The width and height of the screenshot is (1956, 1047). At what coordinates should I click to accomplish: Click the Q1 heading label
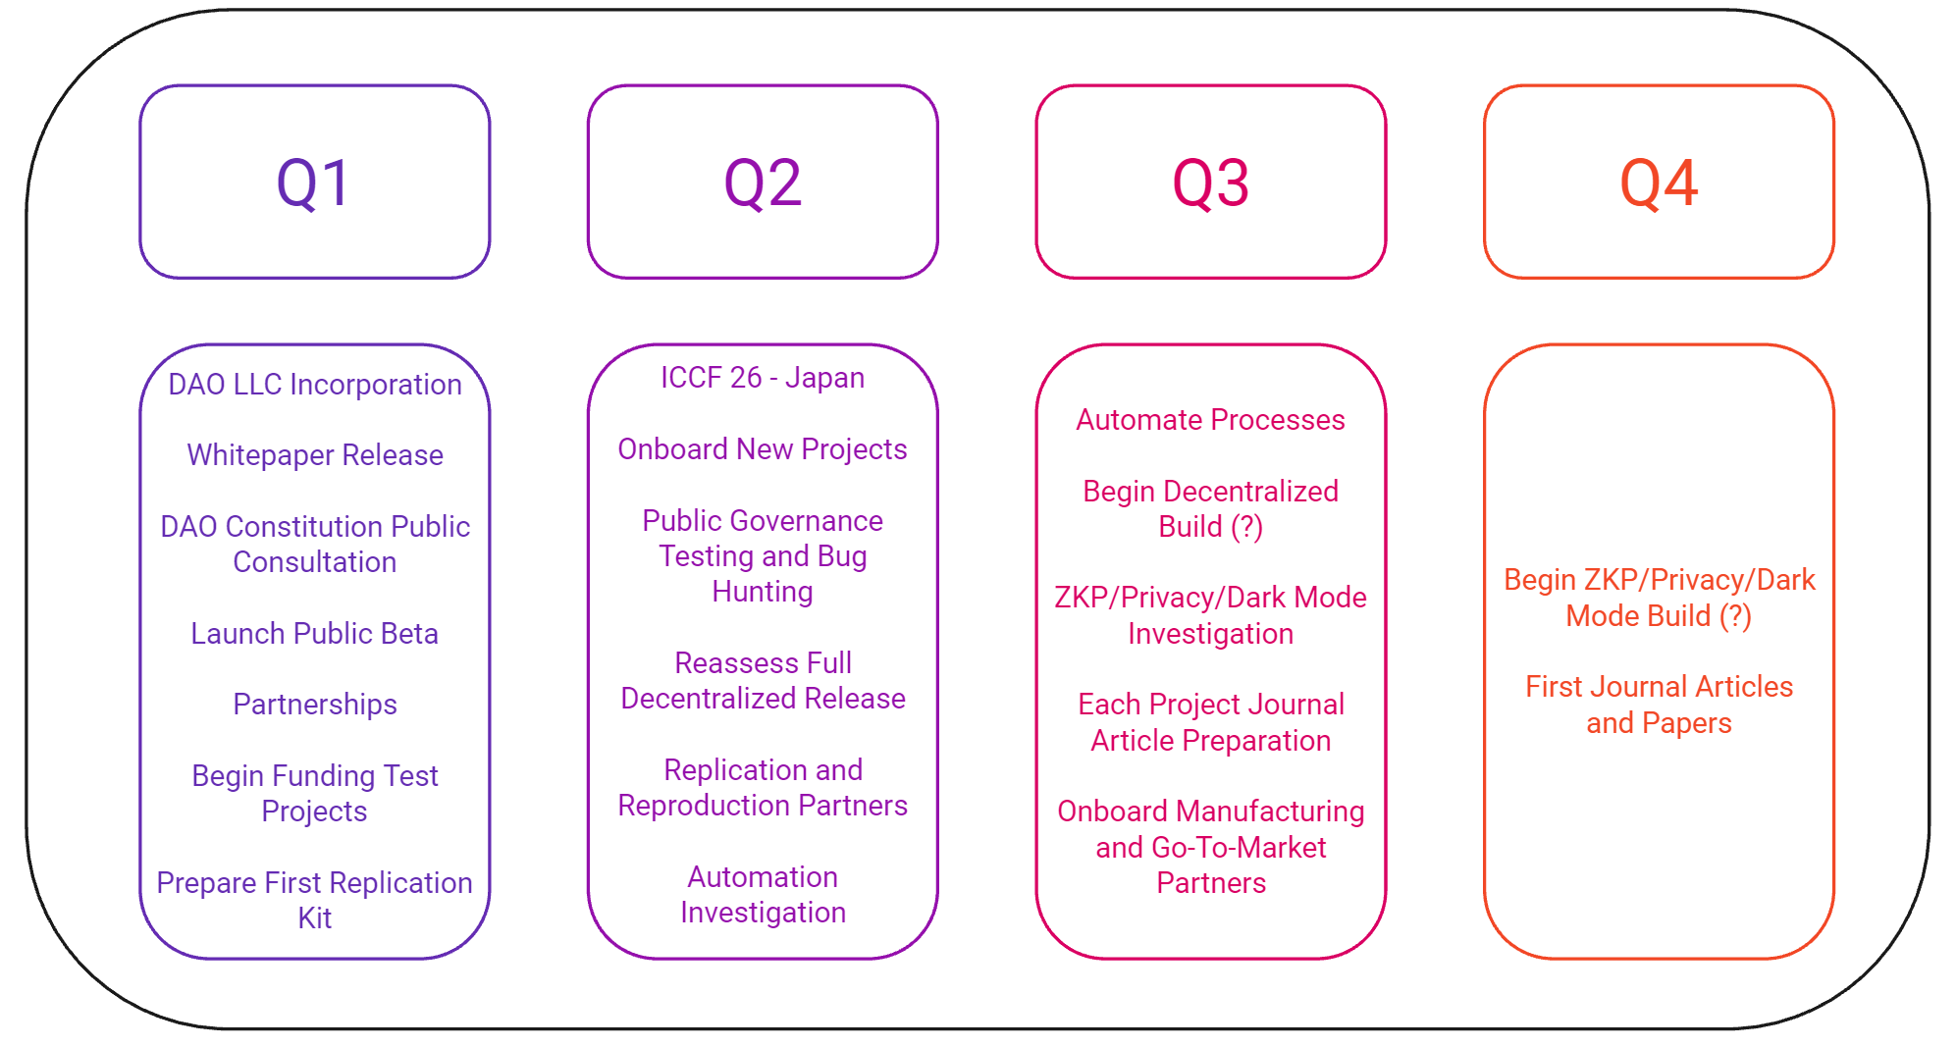314,183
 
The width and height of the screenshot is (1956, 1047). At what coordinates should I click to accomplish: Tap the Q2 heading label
763,183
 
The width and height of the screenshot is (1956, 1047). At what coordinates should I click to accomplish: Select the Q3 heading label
1210,183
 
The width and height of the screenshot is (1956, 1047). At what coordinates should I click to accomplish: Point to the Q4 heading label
1659,183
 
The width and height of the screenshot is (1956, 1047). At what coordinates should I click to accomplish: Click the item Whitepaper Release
315,455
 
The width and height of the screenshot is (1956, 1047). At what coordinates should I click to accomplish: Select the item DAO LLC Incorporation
315,385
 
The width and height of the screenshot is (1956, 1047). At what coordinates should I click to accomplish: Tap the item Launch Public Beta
315,634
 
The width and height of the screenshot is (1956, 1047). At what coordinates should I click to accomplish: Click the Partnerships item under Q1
315,705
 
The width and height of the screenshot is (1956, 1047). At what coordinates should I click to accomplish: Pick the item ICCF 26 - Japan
763,378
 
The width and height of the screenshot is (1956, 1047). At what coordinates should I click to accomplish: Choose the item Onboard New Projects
763,449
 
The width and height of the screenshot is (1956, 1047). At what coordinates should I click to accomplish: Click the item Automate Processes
1210,420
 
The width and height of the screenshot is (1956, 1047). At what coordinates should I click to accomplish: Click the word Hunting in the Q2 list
763,592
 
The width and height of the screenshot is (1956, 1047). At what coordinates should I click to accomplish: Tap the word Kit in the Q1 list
315,918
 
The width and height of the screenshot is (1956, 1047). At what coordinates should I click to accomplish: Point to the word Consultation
315,562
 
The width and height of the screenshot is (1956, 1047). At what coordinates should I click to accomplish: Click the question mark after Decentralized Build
1247,527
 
